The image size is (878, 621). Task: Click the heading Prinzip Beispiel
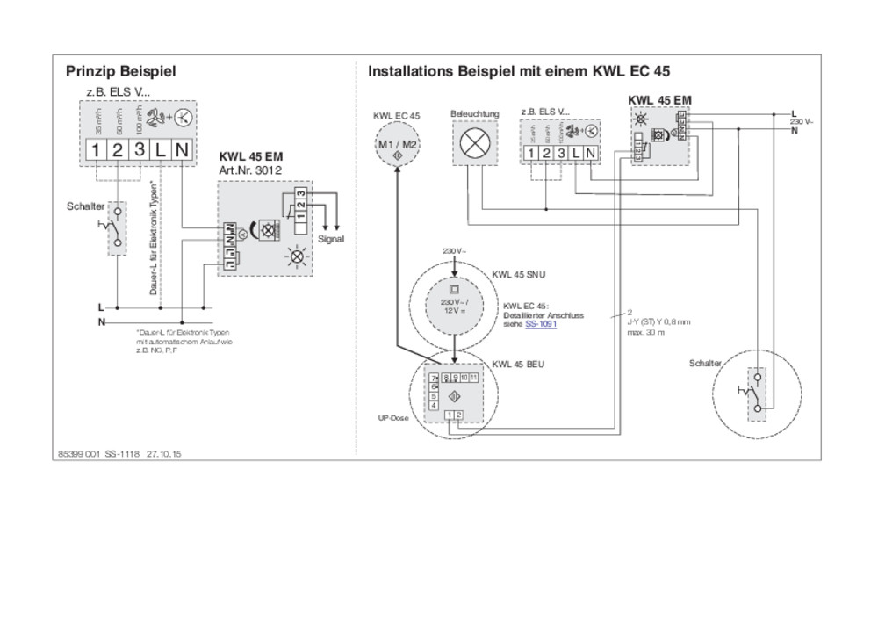[120, 70]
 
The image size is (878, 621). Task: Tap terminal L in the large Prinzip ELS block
[160, 150]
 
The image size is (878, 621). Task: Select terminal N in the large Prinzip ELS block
[182, 150]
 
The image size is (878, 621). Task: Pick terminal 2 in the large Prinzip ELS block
[117, 150]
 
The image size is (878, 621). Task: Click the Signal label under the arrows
[331, 238]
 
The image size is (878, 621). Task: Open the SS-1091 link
[541, 325]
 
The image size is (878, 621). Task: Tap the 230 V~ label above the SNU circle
[453, 252]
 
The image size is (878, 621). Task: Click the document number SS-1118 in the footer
[122, 454]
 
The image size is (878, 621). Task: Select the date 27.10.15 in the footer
[164, 454]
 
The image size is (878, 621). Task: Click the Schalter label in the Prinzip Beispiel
[85, 206]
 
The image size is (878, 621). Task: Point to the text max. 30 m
[645, 333]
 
